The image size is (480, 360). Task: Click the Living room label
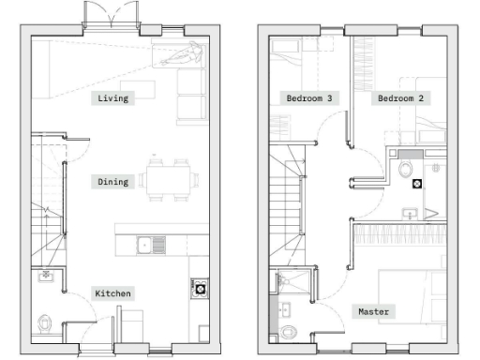point(112,97)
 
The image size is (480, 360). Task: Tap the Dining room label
point(112,181)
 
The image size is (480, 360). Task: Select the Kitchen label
point(112,293)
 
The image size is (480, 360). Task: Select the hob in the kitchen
point(200,289)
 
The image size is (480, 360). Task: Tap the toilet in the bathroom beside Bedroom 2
point(405,169)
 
